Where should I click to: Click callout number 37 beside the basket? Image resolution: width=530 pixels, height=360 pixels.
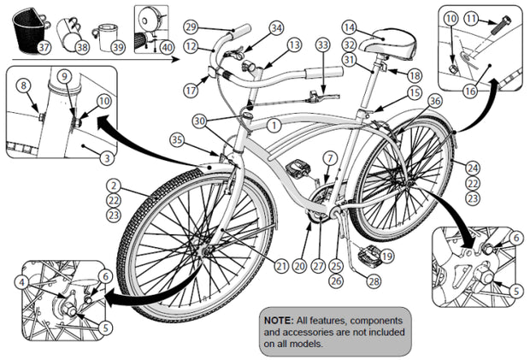pyautogui.click(x=44, y=46)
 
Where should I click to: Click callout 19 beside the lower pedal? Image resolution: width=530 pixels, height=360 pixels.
pyautogui.click(x=387, y=255)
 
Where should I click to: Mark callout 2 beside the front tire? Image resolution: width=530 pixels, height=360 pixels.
pyautogui.click(x=112, y=185)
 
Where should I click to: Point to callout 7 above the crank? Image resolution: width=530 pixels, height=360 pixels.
pyautogui.click(x=328, y=157)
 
